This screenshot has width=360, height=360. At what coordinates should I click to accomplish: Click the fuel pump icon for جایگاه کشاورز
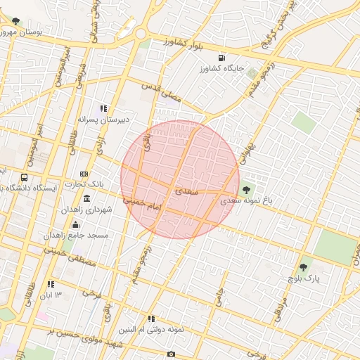[x=221, y=58]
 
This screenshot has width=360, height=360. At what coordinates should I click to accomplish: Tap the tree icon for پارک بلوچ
[x=303, y=267]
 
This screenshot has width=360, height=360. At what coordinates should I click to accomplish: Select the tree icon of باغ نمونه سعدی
[x=246, y=189]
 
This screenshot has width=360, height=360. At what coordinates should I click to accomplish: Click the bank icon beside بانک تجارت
[x=84, y=174]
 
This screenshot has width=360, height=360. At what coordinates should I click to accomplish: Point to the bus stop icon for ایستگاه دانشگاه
[x=25, y=178]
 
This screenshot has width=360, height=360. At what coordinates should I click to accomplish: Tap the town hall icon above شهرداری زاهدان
[x=86, y=199]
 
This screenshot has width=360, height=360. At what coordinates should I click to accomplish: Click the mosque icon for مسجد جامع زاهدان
[x=75, y=224]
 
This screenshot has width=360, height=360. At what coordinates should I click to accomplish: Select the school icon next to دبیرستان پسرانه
[x=104, y=109]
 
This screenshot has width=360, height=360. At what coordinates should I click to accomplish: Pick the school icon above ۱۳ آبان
[x=51, y=284]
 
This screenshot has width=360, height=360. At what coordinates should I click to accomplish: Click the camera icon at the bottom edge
[x=170, y=353]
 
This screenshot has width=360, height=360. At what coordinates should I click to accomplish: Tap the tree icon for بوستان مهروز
[x=16, y=22]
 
